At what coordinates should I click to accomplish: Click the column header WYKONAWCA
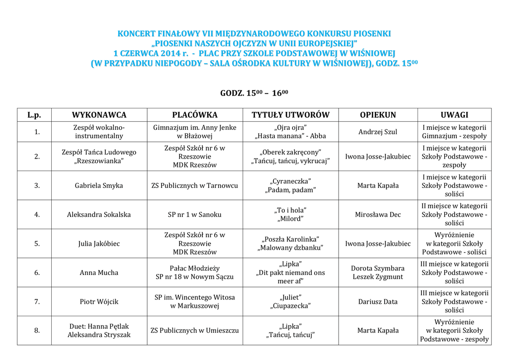99,115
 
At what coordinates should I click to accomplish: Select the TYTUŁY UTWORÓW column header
290,115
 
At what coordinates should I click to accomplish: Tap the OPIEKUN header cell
378,115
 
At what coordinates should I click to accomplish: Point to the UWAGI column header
454,115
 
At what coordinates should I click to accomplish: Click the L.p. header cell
34,115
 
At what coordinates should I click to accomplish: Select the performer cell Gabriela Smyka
99,185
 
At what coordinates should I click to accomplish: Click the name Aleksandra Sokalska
99,214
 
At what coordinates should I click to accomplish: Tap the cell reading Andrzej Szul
378,132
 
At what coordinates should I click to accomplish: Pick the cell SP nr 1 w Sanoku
195,214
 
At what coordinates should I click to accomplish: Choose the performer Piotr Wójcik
99,301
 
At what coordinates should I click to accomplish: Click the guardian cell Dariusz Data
378,301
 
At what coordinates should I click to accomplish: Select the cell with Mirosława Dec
378,214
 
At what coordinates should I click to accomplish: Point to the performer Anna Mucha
99,272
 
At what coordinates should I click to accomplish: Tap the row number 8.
37,330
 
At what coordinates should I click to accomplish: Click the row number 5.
37,244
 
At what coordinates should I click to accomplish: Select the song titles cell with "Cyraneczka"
290,185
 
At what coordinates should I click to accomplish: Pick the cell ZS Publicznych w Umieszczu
195,330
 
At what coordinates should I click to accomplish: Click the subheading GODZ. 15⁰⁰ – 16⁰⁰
254,93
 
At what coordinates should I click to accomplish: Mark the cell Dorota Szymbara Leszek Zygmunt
378,272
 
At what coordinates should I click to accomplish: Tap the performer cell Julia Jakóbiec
99,244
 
